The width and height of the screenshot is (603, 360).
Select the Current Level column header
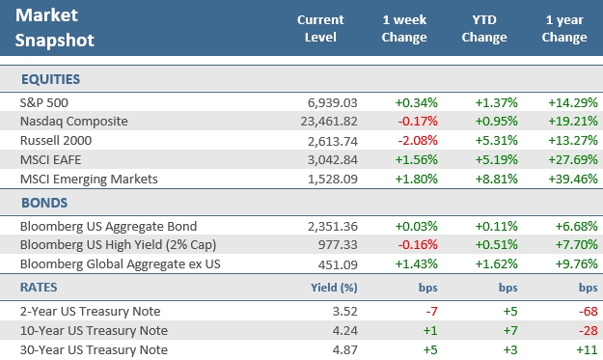pyautogui.click(x=319, y=29)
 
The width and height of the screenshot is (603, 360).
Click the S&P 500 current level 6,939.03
pyautogui.click(x=331, y=101)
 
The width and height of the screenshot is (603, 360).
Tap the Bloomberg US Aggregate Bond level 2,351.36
pyautogui.click(x=331, y=226)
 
